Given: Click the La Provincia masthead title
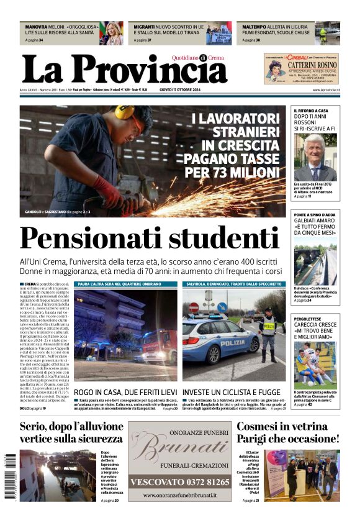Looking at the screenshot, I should point(124,70).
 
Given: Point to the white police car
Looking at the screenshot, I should point(220,342).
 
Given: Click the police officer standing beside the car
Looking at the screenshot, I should point(268,333).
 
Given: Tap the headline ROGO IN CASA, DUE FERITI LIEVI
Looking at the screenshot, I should point(125,393).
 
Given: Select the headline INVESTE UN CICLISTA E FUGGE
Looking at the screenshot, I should point(232,393).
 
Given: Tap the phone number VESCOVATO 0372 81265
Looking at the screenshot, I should point(179,481).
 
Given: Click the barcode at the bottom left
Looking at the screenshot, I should point(11,475).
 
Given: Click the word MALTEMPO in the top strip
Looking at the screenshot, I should point(254,27).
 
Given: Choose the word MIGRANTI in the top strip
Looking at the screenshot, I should point(144,27).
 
